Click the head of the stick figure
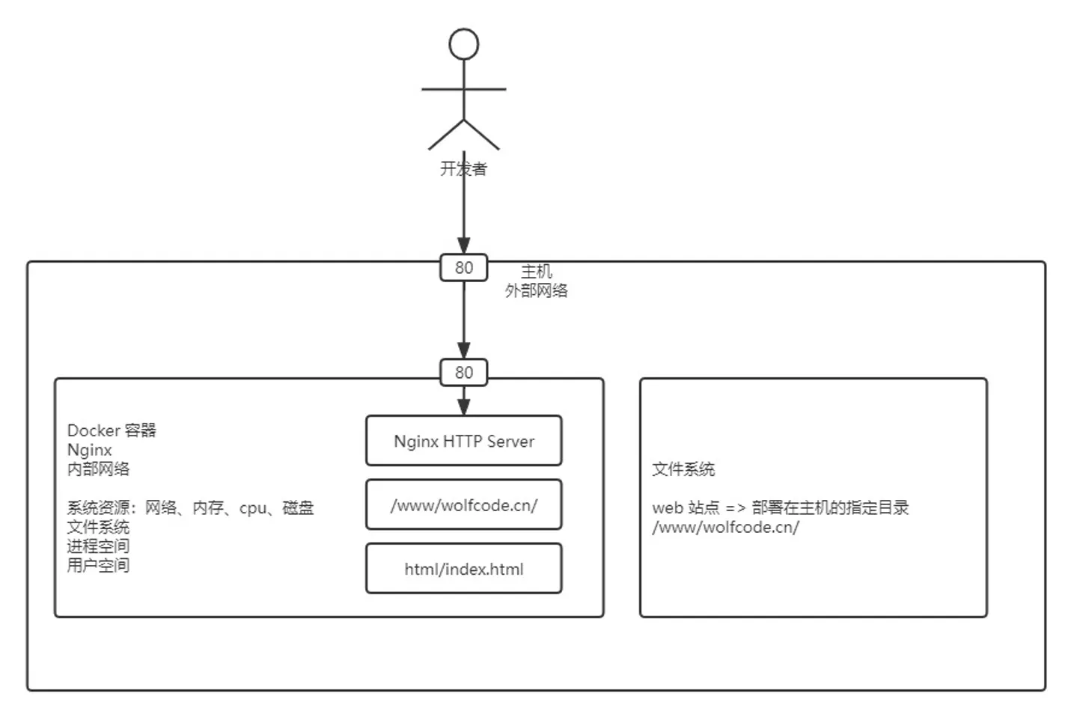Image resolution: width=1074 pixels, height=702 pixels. point(464,44)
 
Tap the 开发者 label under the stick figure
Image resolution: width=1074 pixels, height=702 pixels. point(463,169)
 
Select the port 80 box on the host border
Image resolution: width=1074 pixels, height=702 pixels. point(464,268)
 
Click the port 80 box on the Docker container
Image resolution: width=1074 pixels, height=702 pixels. point(464,373)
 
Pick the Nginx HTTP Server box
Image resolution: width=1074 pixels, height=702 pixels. point(464,442)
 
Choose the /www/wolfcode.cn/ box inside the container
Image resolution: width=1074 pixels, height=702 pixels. point(464,505)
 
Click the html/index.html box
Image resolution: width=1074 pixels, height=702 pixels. point(464,569)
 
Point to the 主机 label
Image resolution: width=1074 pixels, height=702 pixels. point(537,271)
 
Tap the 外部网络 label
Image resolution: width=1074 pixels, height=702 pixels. point(537,290)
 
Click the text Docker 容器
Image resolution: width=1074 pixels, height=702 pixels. point(112,430)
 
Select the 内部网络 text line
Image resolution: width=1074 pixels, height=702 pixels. point(98,469)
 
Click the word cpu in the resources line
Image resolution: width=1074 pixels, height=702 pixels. point(252,508)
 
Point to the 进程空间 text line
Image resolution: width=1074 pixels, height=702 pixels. point(98,546)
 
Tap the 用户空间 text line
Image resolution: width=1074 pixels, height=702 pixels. point(98,565)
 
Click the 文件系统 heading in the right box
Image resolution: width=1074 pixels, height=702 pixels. point(683,469)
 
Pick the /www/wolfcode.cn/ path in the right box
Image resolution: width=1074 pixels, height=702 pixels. point(725,527)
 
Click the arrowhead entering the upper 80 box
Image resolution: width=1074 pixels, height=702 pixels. point(464,245)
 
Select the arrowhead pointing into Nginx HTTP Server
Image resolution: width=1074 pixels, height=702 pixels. point(464,406)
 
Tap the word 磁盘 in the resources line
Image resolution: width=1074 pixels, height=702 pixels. point(298,508)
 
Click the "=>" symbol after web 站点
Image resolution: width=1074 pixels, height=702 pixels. point(735,508)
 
